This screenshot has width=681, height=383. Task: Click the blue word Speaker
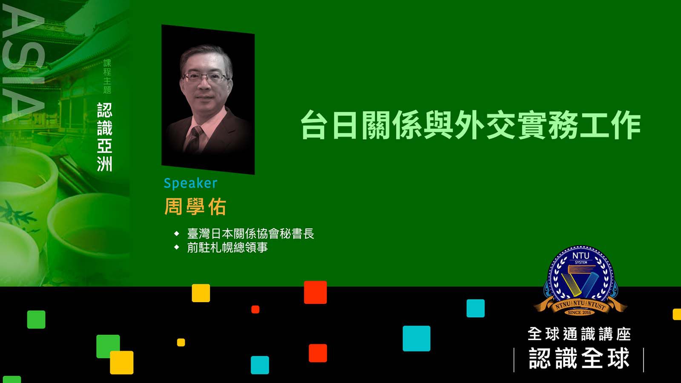click(x=191, y=183)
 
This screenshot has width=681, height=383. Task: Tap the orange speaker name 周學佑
click(x=195, y=207)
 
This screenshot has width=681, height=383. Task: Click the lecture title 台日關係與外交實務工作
click(x=470, y=125)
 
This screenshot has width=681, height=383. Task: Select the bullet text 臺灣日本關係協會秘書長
click(x=251, y=234)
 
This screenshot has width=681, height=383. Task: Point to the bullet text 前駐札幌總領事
click(x=227, y=247)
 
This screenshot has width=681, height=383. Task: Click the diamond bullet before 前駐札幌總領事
click(x=177, y=247)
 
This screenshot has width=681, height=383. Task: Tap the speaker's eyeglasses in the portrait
click(x=206, y=77)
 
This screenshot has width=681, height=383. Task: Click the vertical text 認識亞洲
click(x=105, y=137)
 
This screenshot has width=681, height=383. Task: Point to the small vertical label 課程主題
click(x=107, y=76)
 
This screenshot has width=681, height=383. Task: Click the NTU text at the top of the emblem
click(x=581, y=256)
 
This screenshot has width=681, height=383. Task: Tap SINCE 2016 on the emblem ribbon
click(x=579, y=312)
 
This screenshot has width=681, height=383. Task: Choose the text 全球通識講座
click(x=579, y=334)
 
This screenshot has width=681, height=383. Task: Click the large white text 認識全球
click(x=579, y=358)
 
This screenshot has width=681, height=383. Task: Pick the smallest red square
click(x=255, y=309)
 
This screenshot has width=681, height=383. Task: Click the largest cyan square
click(x=417, y=338)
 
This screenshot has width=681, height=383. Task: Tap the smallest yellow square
click(x=181, y=342)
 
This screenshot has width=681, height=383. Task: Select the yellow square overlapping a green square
click(x=122, y=362)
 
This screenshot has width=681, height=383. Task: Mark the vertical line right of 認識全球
click(x=644, y=360)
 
